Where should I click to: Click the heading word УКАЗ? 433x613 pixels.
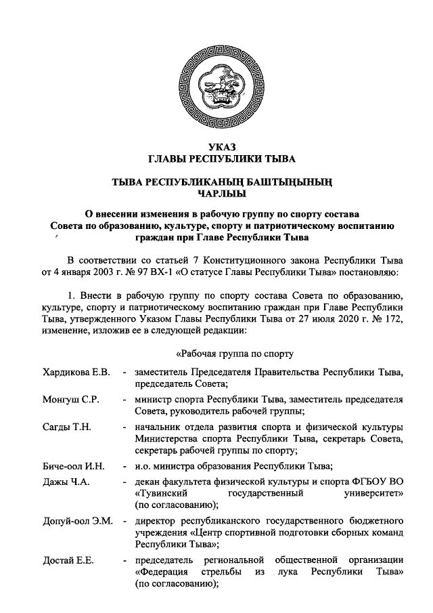pos(217,148)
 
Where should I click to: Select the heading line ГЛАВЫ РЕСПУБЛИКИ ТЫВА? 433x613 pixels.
pos(217,160)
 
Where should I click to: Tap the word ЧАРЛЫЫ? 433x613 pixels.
pos(217,194)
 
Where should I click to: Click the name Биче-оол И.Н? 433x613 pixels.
pos(68,467)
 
